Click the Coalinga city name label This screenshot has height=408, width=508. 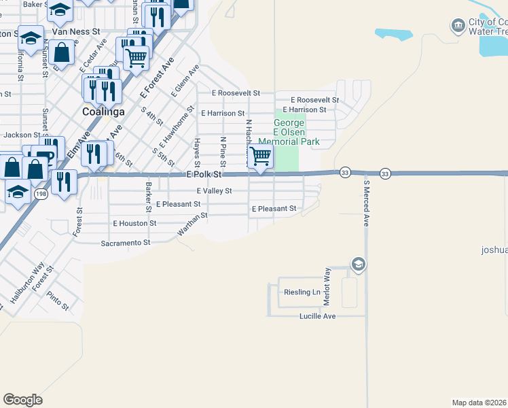point(103,112)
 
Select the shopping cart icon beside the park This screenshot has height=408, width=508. point(261,157)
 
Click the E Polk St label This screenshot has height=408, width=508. point(204,175)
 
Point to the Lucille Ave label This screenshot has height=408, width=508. point(318,316)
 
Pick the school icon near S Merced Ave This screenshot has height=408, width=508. point(358,264)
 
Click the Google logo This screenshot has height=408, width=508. point(22,400)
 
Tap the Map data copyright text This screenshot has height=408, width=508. point(479,403)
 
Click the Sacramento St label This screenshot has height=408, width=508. point(125,243)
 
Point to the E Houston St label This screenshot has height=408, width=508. point(134,223)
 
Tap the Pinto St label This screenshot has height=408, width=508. point(58,300)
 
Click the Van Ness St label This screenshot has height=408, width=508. point(76,31)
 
